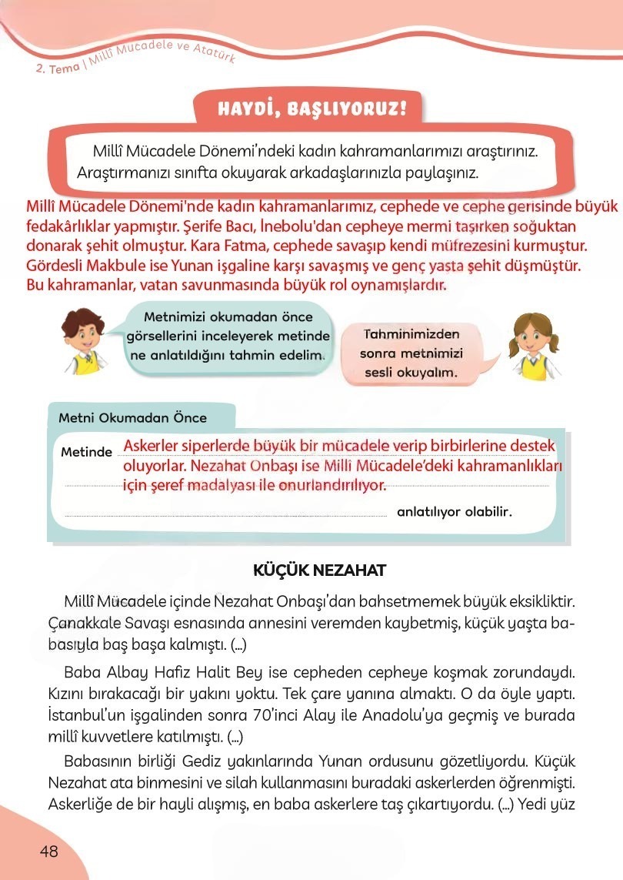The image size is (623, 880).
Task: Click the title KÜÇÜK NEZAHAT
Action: point(319,570)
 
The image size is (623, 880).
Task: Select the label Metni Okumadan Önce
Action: point(132,418)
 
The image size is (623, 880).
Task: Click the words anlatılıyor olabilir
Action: point(454,511)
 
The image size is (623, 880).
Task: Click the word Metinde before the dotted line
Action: point(86,452)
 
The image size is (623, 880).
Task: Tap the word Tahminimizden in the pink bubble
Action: point(411,335)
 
